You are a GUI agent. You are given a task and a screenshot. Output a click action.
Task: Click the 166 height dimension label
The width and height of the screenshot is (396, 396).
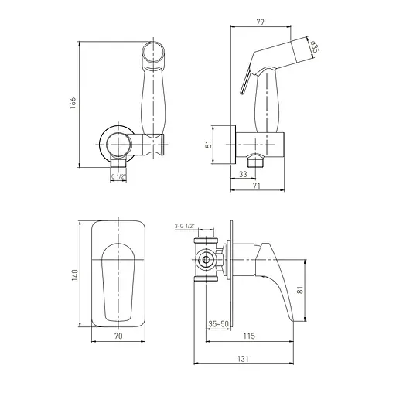pyautogui.click(x=73, y=103)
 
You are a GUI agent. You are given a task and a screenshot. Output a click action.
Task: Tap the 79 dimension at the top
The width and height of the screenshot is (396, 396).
pyautogui.click(x=261, y=22)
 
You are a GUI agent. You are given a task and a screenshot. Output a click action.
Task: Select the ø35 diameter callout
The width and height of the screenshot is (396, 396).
pyautogui.click(x=315, y=46)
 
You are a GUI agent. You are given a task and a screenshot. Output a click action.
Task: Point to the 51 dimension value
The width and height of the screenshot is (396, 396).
pyautogui.click(x=210, y=144)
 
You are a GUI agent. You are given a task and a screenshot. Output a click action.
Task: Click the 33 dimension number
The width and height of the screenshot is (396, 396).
pyautogui.click(x=243, y=174)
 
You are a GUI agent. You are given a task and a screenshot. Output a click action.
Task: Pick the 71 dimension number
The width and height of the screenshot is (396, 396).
pyautogui.click(x=257, y=186)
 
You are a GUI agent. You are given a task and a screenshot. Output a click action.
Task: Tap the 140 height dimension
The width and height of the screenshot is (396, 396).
pyautogui.click(x=75, y=275)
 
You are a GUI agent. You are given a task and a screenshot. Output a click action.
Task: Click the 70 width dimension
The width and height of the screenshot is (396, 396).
pyautogui.click(x=118, y=336)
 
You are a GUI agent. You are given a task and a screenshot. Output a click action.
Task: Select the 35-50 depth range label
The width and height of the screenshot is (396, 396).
pyautogui.click(x=218, y=324)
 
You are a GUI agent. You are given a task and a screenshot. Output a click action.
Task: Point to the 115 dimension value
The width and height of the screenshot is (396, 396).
pyautogui.click(x=249, y=336)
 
